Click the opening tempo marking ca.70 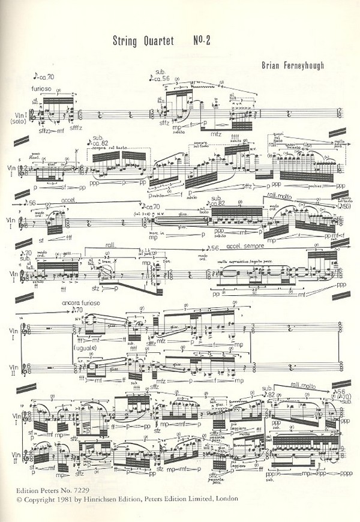[46, 77]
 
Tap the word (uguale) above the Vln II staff [86, 347]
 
